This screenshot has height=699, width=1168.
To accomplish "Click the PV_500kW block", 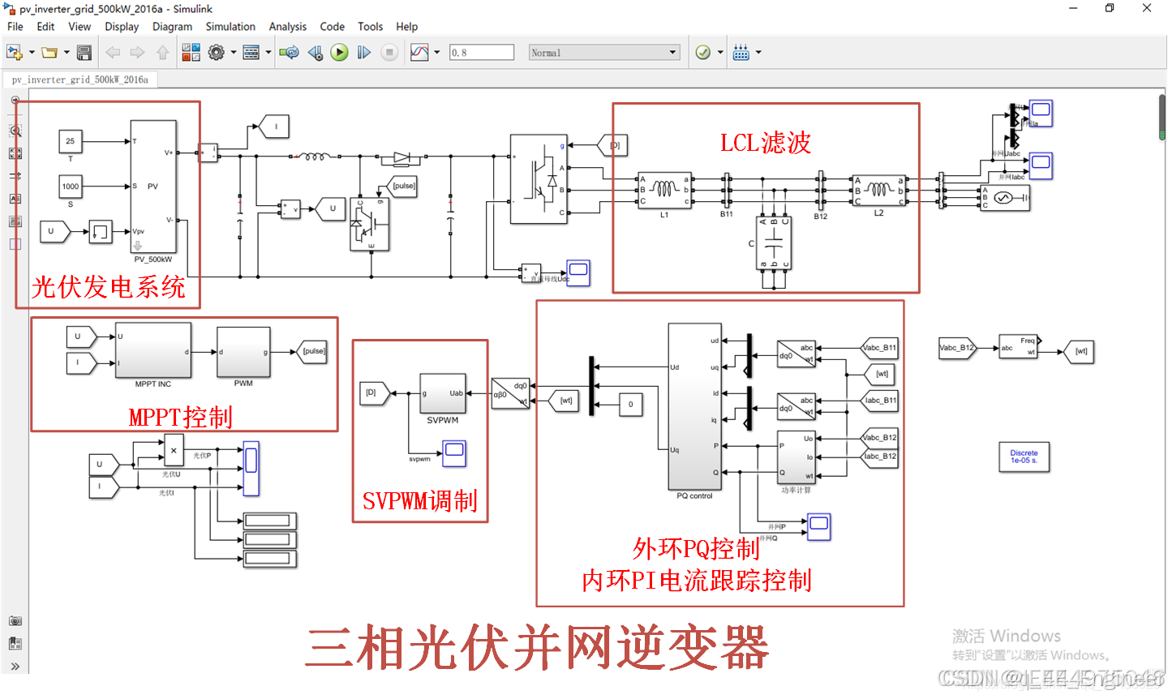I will pos(153,187).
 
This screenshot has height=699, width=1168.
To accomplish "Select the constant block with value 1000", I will pos(71,187).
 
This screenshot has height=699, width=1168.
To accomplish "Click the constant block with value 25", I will pos(70,141).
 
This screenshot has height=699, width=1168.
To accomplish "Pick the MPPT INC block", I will pos(153,350).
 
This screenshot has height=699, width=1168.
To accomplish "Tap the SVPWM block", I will pos(442,393).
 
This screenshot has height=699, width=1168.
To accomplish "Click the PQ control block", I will pos(694,406).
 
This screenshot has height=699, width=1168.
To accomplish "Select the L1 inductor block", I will pos(664,191).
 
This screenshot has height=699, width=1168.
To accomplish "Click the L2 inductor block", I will pos(878,191).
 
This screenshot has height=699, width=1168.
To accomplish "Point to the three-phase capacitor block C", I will pos(774,243).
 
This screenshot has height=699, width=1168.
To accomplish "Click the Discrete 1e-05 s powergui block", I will pos(1024,457).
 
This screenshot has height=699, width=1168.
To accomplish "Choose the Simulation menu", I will pos(230,27).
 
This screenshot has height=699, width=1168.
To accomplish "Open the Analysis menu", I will pos(288,27).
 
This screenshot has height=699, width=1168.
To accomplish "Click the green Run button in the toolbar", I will pos(339,53).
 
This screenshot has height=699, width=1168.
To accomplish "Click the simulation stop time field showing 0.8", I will pos(482,53).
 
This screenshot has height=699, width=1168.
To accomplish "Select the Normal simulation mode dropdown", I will pos(603,53).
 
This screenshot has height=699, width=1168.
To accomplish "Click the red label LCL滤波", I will pos(765,144).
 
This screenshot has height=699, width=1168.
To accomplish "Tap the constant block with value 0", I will pos(630,404).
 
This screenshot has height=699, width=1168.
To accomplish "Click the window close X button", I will pos(1146,8).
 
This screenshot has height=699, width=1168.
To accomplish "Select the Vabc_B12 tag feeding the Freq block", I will pos(956,348).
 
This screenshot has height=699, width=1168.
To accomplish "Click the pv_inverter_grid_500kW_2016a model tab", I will pos(80,79).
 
